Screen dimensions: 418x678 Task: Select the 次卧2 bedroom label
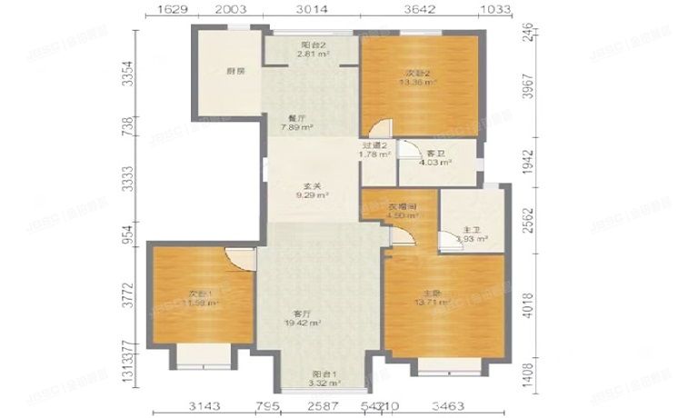pos(419,72)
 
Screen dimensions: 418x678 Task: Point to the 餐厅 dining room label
pos(295,117)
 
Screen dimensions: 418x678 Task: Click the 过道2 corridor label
pos(374,145)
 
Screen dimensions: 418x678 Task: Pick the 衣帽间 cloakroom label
pos(404,206)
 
